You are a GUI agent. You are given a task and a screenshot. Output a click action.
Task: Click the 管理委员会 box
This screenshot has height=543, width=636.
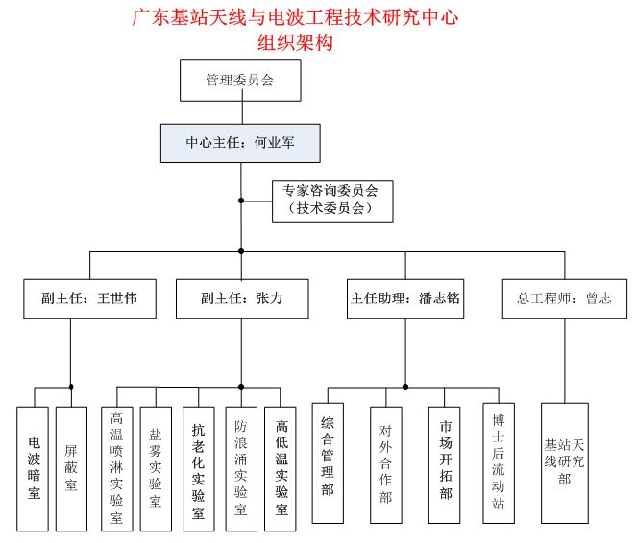coord(240,81)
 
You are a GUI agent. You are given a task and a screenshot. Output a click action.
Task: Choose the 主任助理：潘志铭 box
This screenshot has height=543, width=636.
coord(404,298)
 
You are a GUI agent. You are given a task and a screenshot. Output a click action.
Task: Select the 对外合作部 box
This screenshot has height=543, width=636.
coord(385,464)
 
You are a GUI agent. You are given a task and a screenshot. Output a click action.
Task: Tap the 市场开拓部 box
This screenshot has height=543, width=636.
coord(445,464)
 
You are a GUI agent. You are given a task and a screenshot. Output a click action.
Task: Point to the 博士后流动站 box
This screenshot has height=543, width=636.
coord(499,463)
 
